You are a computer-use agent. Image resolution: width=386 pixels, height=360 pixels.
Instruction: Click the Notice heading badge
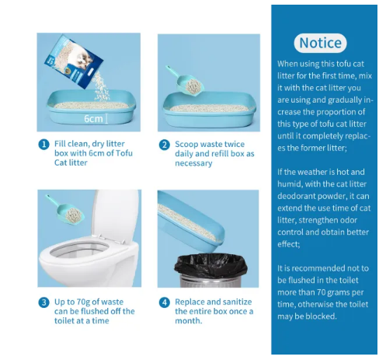[320, 43]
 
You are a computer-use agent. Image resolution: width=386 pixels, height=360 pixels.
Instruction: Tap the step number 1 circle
[43, 145]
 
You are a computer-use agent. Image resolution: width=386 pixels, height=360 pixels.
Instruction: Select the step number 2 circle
[165, 145]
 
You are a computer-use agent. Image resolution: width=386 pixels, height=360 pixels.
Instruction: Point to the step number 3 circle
[43, 302]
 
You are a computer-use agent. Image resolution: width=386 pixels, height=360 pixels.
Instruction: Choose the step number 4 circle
[165, 302]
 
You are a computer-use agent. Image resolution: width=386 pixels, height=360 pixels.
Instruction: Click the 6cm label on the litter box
[93, 119]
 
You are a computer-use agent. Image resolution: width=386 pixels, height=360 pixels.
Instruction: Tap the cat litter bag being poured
[74, 61]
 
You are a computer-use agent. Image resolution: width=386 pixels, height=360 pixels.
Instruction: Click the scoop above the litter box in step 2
[186, 82]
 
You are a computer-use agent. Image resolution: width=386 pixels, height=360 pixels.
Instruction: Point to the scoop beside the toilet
[66, 211]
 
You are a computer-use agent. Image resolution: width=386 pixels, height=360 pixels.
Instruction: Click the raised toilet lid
[116, 215]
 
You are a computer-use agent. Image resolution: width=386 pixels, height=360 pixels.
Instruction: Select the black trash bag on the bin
[210, 266]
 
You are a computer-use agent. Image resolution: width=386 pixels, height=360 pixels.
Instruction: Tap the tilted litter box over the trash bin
[191, 220]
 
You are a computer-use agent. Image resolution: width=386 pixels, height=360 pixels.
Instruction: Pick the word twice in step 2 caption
[235, 144]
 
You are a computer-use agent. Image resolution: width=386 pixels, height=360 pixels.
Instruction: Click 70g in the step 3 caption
[83, 302]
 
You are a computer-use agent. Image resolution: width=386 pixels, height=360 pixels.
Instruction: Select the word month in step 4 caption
[188, 320]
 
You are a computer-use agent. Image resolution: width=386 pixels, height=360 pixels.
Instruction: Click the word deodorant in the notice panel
[295, 196]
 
